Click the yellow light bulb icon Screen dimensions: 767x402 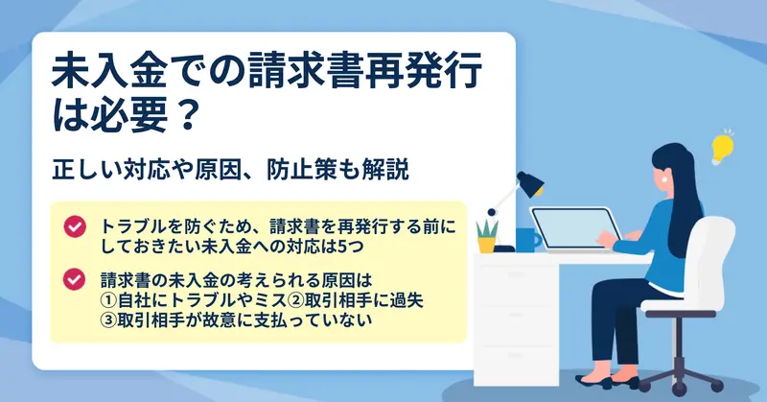click(x=722, y=148)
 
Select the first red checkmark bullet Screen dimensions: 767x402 click(x=75, y=226)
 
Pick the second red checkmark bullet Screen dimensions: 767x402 click(x=75, y=279)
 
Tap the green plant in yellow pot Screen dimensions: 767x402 click(x=487, y=237)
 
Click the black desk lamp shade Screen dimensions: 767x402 click(x=531, y=182)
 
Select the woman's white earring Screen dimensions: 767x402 click(x=664, y=179)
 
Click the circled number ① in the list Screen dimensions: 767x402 click(x=108, y=300)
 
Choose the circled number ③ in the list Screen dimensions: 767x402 click(x=108, y=319)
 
